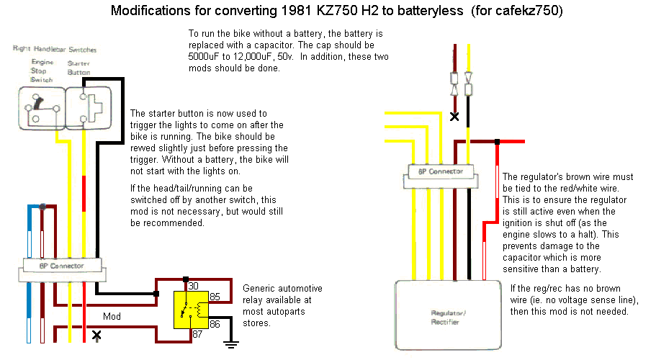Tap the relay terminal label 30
(193, 286)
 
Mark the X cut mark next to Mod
(96, 336)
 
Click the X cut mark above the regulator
(454, 116)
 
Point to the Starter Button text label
(78, 68)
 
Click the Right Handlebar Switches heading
(55, 49)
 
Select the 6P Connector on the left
(63, 266)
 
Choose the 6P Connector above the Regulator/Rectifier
(440, 171)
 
